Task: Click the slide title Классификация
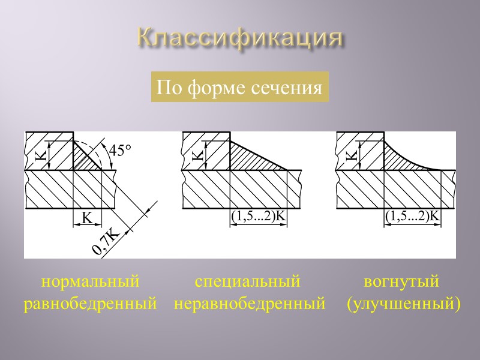click(x=239, y=38)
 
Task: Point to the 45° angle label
click(x=119, y=150)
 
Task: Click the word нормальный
click(x=90, y=281)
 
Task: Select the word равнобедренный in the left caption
click(x=90, y=304)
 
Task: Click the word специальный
click(x=247, y=281)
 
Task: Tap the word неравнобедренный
click(x=250, y=304)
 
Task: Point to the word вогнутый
click(x=402, y=281)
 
